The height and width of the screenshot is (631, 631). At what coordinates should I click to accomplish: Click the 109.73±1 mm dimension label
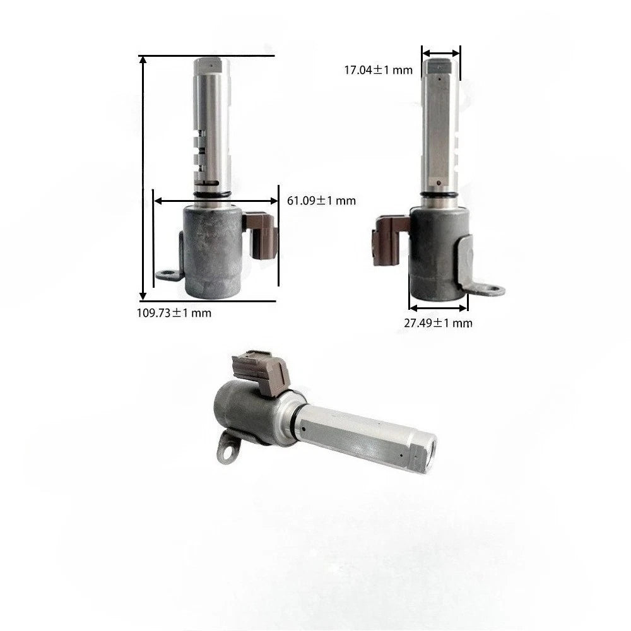point(174,313)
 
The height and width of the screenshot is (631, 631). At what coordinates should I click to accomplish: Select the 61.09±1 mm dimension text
point(322,201)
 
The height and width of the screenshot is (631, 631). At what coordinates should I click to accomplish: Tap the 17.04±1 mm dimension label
point(378,70)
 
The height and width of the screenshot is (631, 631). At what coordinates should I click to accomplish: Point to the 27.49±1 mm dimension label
point(439,322)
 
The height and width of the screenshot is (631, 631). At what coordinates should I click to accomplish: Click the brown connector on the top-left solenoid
point(261,235)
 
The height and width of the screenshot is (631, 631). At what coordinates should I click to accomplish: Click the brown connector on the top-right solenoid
point(389,240)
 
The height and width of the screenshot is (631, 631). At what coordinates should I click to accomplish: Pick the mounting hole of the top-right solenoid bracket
point(492,288)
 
